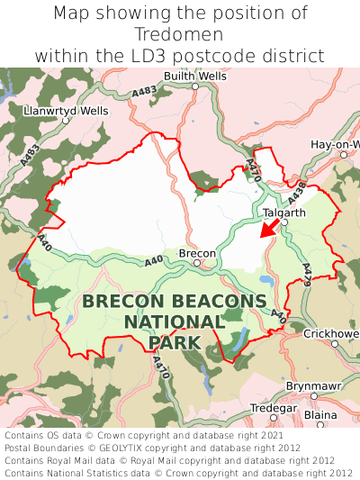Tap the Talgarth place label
[284, 213]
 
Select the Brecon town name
[197, 254]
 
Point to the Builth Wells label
[196, 77]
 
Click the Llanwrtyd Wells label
[67, 111]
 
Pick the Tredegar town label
[271, 408]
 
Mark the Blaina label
[319, 415]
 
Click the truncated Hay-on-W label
[335, 144]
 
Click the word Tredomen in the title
[180, 34]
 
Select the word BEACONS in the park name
[220, 302]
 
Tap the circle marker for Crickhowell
[334, 343]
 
